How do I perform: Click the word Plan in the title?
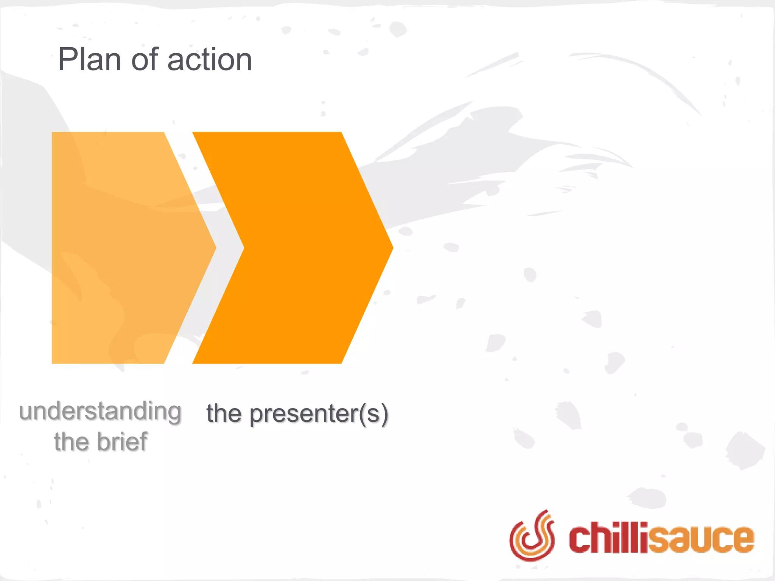point(90,59)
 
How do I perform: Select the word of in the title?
point(145,59)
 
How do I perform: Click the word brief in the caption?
point(122,441)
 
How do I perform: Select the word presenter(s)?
point(319,414)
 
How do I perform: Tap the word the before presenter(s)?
point(224,413)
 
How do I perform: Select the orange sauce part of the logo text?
point(700,539)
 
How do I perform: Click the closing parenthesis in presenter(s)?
point(384,415)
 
